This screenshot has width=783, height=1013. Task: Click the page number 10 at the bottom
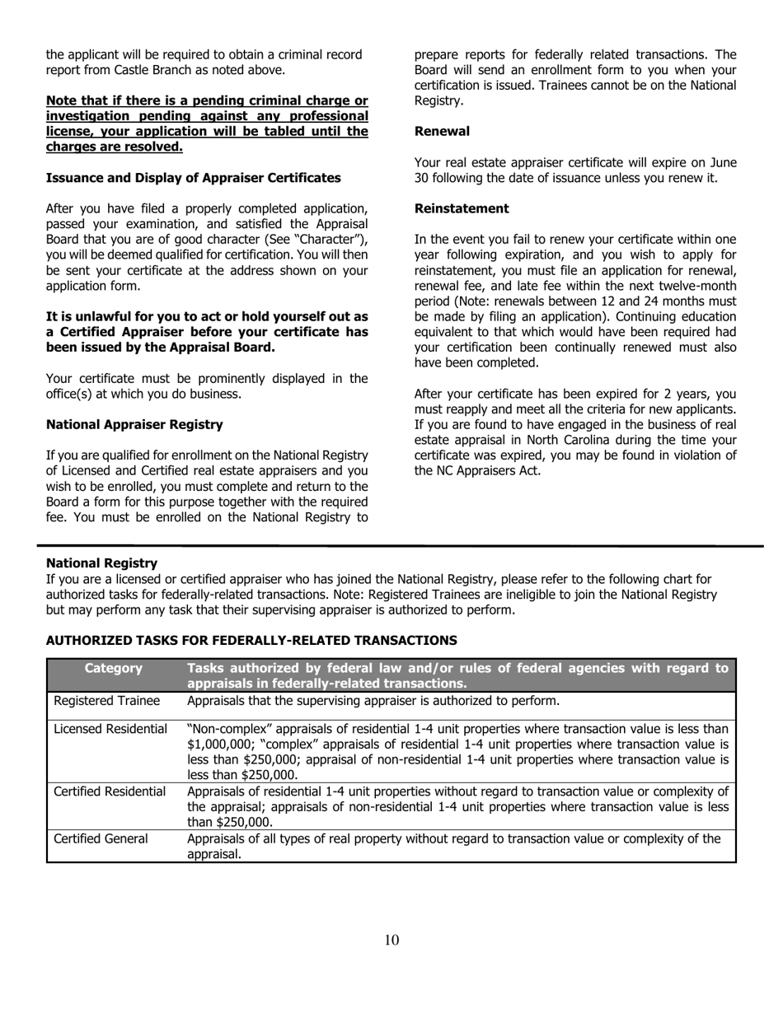[x=391, y=941]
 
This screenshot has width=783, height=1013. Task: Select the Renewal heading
[x=442, y=131]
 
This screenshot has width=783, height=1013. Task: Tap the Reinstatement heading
[x=462, y=208]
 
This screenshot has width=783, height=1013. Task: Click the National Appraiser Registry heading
[x=134, y=424]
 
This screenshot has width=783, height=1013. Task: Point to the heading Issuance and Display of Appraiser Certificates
[x=193, y=178]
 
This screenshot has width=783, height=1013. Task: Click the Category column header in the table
[x=113, y=669]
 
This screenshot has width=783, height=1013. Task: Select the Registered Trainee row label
[x=107, y=701]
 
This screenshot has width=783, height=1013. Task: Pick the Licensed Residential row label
[x=110, y=729]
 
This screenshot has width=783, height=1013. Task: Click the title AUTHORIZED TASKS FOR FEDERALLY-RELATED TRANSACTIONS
[x=251, y=640]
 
